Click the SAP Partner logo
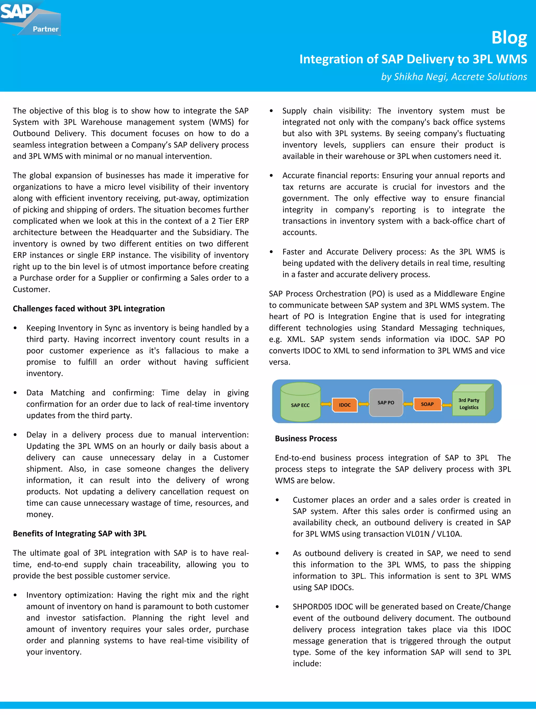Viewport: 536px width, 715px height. (x=30, y=18)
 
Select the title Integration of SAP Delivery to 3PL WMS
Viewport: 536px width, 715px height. (x=413, y=59)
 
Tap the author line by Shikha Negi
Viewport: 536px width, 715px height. (x=454, y=77)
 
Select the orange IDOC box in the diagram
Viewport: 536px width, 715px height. (x=345, y=405)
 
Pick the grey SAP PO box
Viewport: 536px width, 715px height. (x=386, y=402)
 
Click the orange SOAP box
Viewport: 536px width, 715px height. (x=427, y=404)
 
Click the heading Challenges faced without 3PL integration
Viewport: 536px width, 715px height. (x=88, y=309)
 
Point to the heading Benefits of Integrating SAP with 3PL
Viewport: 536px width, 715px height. (x=80, y=534)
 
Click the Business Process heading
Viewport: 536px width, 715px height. (x=306, y=439)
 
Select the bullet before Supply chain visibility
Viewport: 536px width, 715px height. (x=271, y=111)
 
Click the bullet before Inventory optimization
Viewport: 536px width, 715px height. (x=15, y=595)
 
